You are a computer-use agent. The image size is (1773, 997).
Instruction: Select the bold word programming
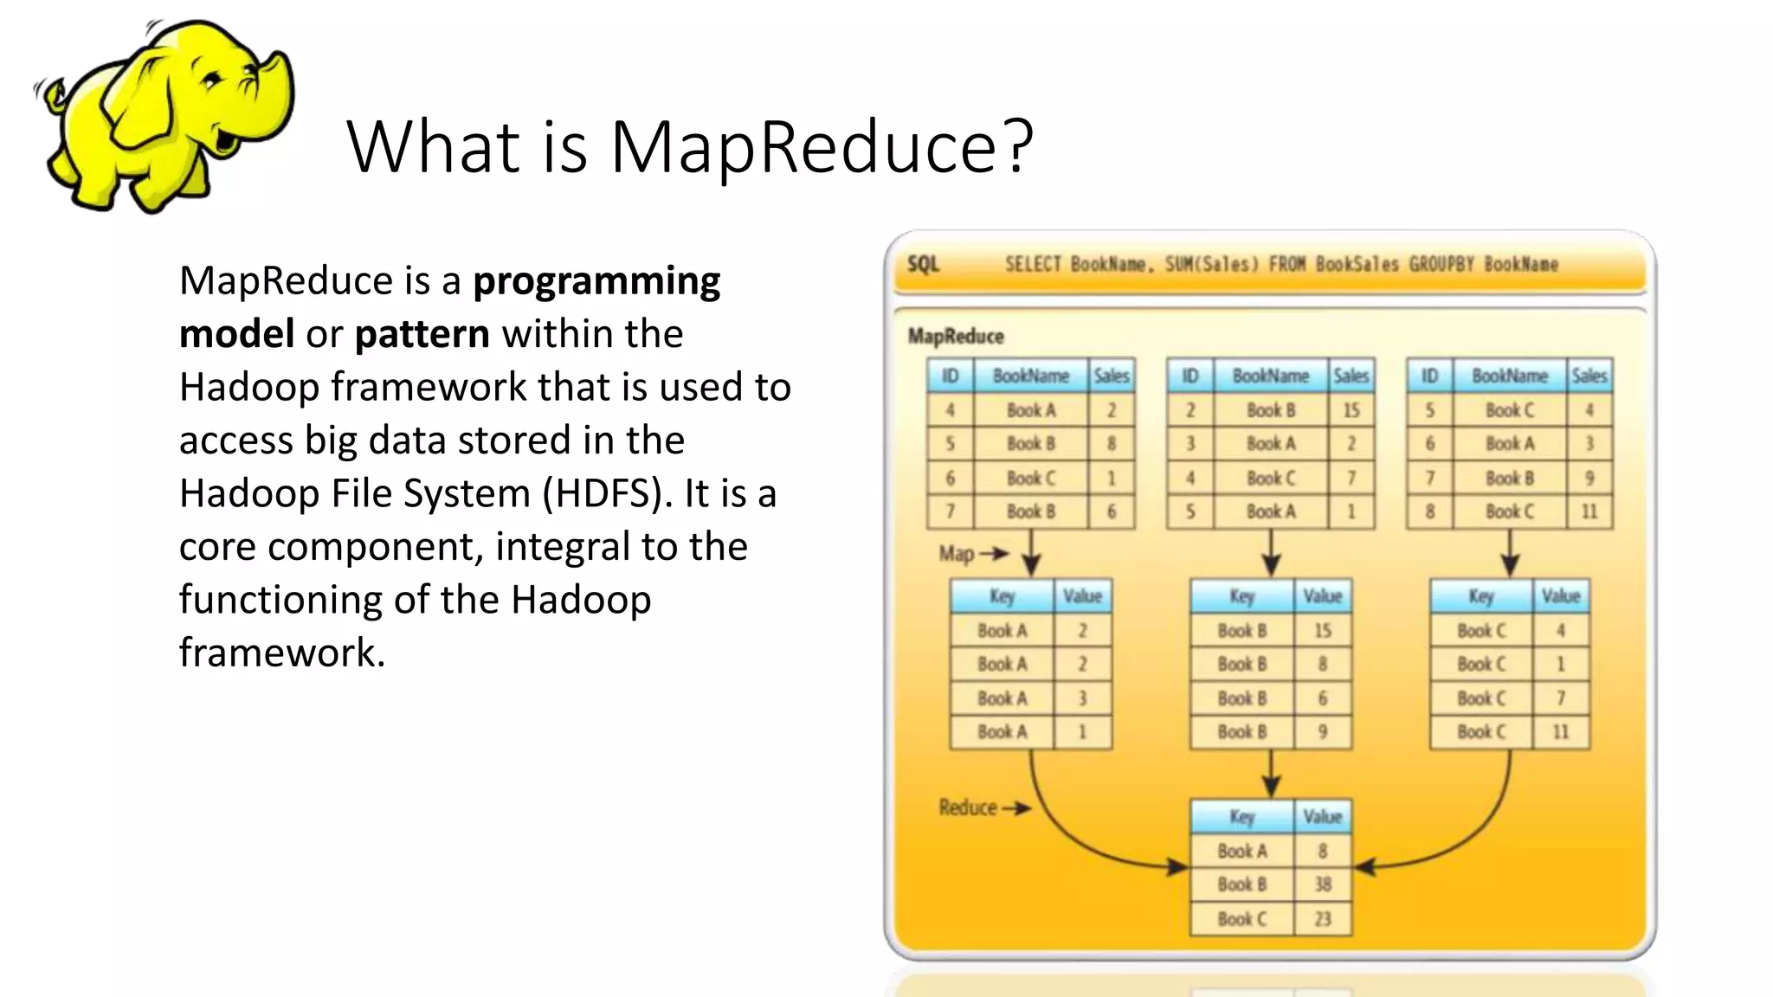point(596,281)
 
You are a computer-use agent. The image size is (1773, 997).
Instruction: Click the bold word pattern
point(422,334)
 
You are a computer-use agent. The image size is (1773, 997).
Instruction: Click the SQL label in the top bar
point(923,264)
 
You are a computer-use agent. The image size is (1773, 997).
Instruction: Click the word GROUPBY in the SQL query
point(1441,264)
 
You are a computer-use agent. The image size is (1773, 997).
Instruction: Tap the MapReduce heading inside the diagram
point(956,336)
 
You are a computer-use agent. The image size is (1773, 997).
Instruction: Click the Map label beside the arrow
point(956,554)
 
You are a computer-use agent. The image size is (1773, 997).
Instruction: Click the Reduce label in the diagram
point(968,807)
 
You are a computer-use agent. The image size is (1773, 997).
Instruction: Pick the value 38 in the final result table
point(1322,884)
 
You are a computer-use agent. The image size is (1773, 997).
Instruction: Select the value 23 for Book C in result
point(1322,919)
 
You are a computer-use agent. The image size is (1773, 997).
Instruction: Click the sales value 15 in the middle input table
point(1351,410)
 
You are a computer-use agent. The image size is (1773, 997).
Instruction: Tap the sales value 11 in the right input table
point(1589,511)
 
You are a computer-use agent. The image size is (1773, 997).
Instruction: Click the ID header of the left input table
point(950,376)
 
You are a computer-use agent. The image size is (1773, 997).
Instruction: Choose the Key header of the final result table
point(1241,817)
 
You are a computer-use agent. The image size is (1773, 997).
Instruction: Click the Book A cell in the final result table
point(1241,851)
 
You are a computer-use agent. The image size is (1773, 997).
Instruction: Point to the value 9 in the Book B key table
point(1322,732)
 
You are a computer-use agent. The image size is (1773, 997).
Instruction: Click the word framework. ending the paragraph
point(281,653)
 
